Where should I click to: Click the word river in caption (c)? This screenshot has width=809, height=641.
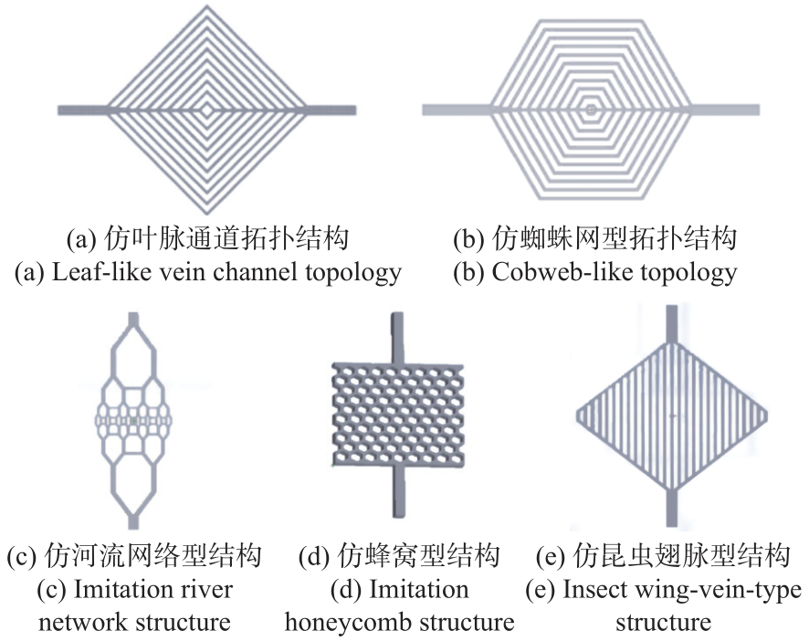[x=206, y=590]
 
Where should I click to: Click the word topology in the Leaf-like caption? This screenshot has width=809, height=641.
[x=355, y=272]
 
